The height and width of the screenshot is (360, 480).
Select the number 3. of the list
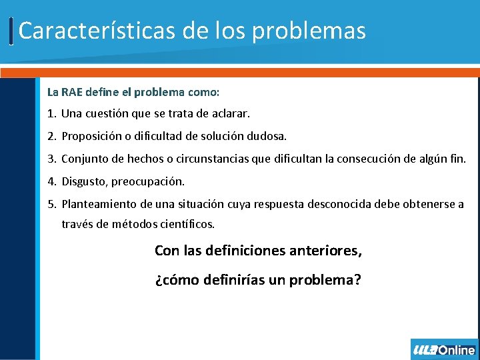(x=52, y=159)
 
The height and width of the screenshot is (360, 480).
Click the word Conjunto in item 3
(x=84, y=159)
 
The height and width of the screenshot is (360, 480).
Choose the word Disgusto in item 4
(x=84, y=181)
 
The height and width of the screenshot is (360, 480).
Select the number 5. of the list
(x=52, y=204)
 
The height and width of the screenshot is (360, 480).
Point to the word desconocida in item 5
(x=337, y=204)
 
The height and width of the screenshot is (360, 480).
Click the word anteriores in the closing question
(x=327, y=251)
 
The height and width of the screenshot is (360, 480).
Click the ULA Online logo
(x=444, y=349)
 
